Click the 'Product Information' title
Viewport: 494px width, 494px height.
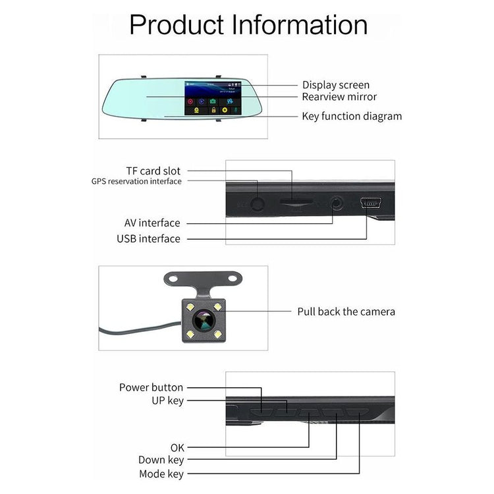pos(248,24)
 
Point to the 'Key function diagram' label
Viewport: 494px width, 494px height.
pos(351,116)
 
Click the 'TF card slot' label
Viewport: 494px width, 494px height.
pos(153,171)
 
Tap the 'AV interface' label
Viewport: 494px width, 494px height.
pos(151,223)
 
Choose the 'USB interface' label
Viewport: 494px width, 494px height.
pos(148,238)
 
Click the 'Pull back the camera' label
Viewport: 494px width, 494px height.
pos(346,311)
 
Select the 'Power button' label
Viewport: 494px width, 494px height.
pos(151,387)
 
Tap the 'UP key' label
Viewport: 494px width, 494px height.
pos(167,400)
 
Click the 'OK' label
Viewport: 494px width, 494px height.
pos(177,447)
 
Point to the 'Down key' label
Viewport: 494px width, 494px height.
pos(161,460)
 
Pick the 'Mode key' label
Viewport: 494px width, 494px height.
pos(161,474)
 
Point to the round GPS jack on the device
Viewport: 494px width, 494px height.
pos(257,203)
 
